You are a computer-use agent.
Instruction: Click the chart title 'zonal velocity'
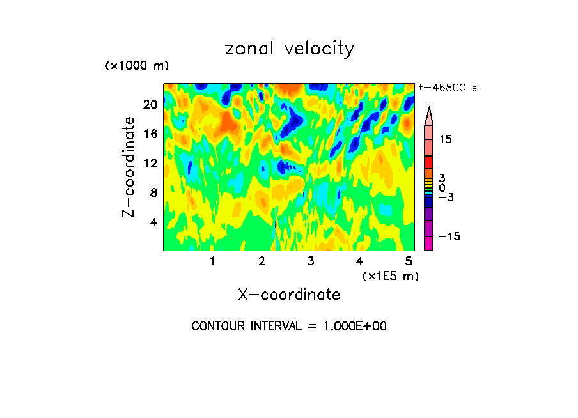coord(289,49)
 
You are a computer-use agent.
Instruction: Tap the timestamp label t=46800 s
coord(448,88)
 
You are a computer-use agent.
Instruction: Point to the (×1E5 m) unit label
coord(390,275)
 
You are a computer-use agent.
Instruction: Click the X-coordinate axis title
coord(289,295)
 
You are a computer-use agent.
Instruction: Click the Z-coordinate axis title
coord(129,166)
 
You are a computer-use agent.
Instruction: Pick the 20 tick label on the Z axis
coord(150,105)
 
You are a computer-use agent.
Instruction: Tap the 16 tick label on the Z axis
coord(150,134)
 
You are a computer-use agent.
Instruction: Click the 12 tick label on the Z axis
coord(150,164)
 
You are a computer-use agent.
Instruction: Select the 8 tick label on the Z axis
coord(153,192)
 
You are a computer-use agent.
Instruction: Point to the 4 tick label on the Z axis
coord(153,222)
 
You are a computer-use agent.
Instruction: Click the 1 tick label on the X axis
coord(212,261)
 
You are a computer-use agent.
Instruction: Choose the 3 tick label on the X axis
coord(310,261)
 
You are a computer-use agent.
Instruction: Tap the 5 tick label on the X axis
coord(409,261)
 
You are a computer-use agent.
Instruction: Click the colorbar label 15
coord(445,139)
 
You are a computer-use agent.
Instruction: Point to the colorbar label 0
coord(442,188)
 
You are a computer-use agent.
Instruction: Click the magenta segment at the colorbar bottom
coord(428,244)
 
